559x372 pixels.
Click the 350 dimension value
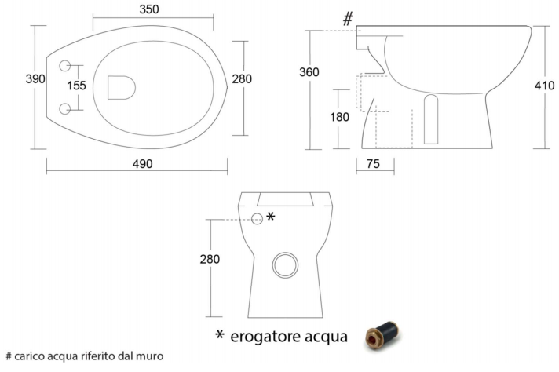pos(149,9)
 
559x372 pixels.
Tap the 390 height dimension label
pos(35,78)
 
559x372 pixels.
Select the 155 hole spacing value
pos(77,86)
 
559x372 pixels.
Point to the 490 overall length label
pos(143,164)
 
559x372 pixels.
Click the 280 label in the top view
pos(242,78)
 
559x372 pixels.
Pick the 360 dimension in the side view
pos(309,72)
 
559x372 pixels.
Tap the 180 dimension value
pos(339,117)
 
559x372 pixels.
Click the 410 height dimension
pos(544,86)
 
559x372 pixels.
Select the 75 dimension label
pos(373,164)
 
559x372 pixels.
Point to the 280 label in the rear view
pos(210,259)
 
